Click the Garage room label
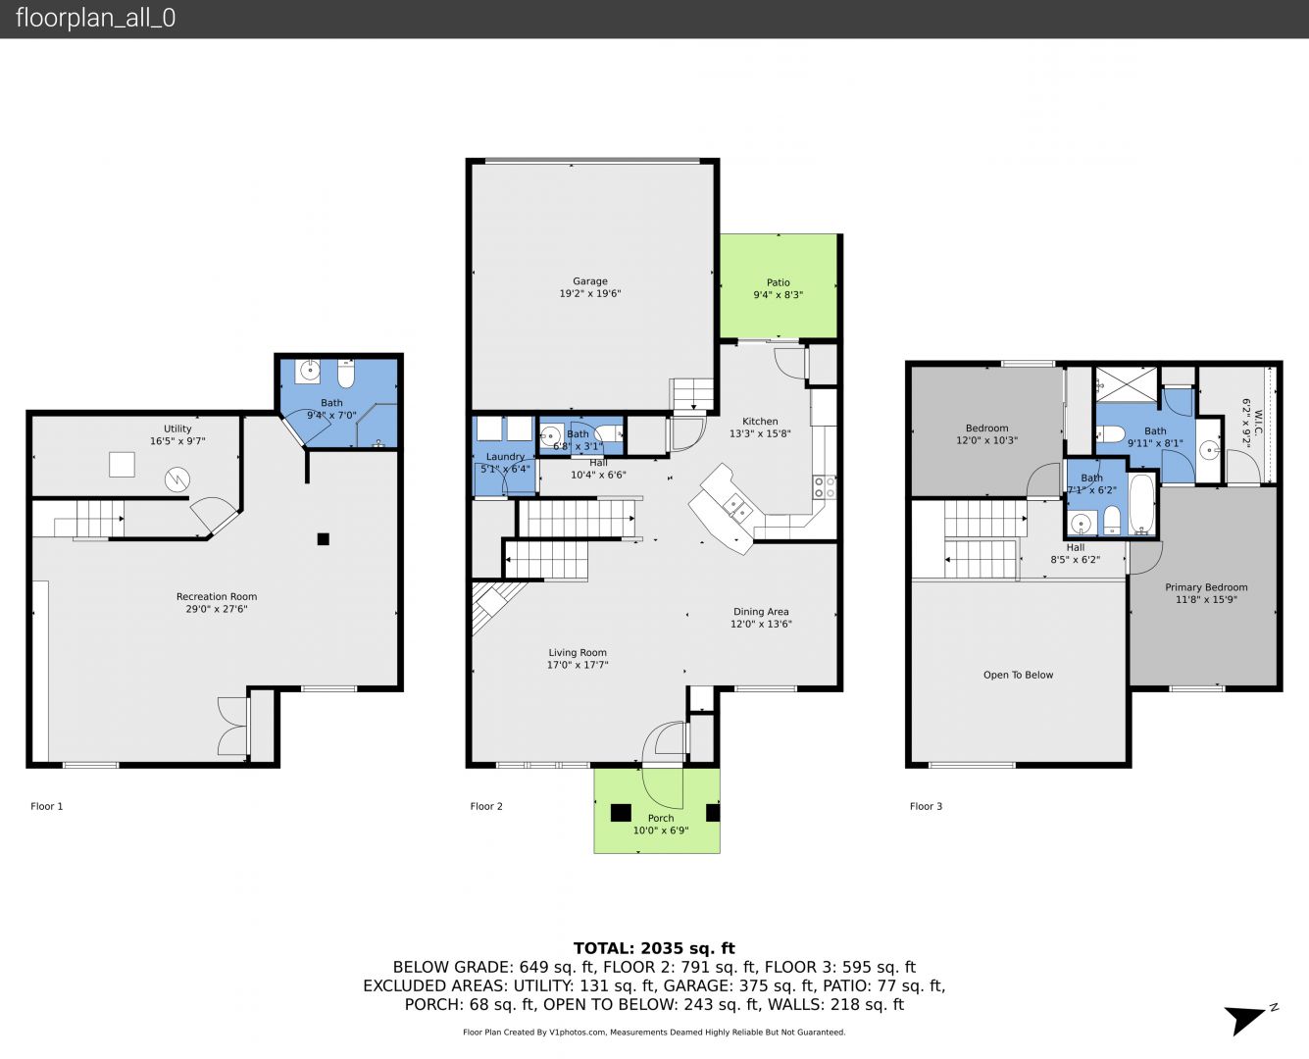590,280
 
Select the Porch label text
661,818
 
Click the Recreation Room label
217,596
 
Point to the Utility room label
177,429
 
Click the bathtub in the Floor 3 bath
1142,504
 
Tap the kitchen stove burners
824,486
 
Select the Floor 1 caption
47,806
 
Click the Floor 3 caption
926,806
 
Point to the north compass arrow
1245,1021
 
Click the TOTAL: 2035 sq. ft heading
654,948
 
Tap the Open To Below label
1018,675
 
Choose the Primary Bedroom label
1206,587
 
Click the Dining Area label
761,611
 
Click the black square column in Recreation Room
324,539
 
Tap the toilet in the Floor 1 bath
346,374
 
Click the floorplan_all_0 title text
95,18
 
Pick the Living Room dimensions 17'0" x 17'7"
578,665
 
